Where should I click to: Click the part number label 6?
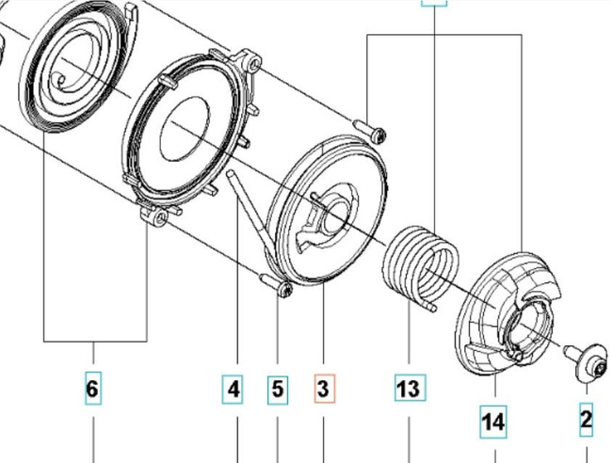pyautogui.click(x=92, y=388)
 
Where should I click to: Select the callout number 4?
pyautogui.click(x=233, y=388)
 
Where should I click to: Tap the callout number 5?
pyautogui.click(x=277, y=388)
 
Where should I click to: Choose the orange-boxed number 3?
pyautogui.click(x=323, y=388)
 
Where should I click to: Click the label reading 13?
pyautogui.click(x=410, y=388)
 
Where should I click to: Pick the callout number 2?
pyautogui.click(x=586, y=419)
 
